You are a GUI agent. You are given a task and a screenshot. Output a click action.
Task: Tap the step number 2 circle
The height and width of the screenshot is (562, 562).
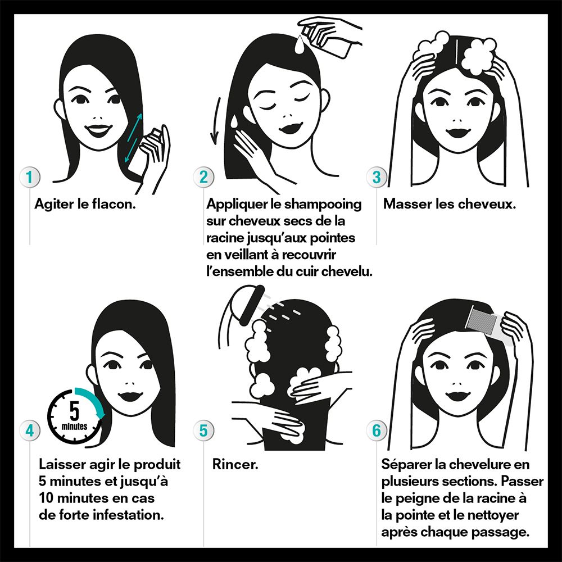[x=203, y=177]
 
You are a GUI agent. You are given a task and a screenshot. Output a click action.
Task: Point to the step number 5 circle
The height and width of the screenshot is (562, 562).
[x=203, y=430]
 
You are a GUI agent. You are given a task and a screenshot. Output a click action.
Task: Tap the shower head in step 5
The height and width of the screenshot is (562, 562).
[x=244, y=304]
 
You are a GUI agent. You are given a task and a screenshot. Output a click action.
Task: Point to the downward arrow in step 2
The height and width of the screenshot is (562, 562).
[x=214, y=120]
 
